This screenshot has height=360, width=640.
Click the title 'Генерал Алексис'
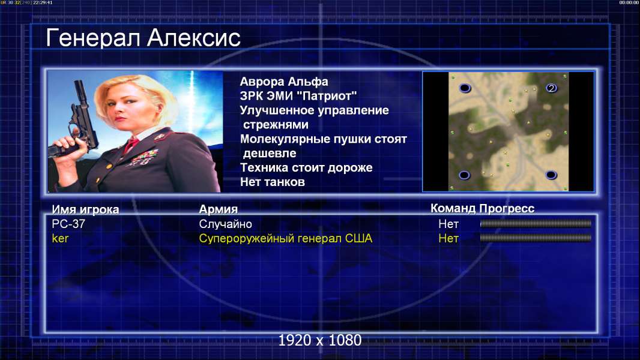143,38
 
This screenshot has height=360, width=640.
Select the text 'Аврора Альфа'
284,82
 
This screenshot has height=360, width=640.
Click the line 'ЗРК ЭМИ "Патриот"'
298,96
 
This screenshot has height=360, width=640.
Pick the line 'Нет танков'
273,182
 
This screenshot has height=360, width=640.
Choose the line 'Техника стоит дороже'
306,167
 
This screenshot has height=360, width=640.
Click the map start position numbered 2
551,88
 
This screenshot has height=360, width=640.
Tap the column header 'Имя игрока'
85,209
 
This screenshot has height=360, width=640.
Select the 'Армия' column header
219,209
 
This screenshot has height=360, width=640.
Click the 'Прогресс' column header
507,209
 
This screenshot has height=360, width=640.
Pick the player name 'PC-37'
68,224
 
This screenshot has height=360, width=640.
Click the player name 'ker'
61,239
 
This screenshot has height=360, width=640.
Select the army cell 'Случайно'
225,224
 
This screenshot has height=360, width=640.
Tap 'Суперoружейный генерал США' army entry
286,239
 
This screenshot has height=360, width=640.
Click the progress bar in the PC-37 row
536,223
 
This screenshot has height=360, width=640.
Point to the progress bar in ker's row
536,238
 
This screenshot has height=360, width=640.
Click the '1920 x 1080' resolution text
320,340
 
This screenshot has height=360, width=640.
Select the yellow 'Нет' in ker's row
448,239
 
